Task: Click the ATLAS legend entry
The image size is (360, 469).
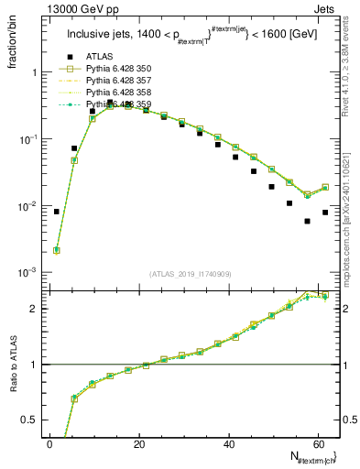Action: point(99,56)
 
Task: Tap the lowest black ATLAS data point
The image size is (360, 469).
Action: point(308,221)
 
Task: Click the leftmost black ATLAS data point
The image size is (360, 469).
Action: point(57,212)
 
